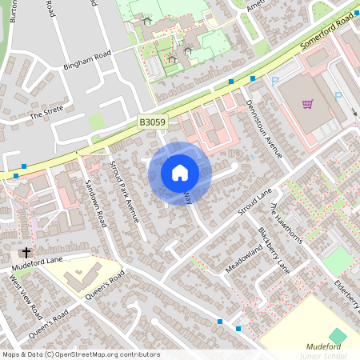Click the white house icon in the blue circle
(x=180, y=172)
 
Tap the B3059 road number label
(x=152, y=122)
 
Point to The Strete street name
(x=46, y=115)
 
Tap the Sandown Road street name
(x=95, y=203)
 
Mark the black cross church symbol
(x=25, y=252)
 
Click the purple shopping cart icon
(x=307, y=104)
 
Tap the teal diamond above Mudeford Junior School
(x=338, y=334)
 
